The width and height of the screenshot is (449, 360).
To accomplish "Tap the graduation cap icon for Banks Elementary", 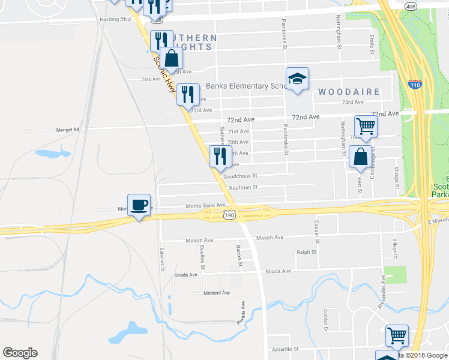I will point(297,79).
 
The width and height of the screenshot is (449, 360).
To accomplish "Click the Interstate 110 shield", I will point(415,85).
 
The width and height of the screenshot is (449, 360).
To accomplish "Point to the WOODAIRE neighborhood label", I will point(349,92).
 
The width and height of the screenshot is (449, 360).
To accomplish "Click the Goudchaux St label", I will point(240,176).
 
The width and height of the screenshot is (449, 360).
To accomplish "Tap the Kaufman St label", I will point(243,187).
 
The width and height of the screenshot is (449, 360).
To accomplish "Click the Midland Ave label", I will point(217,293).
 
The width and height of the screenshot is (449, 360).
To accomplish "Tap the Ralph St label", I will point(306,252).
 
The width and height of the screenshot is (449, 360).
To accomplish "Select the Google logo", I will point(20,353).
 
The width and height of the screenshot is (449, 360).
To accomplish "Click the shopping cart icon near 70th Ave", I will point(366,127).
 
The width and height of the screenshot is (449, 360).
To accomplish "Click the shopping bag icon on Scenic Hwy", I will point(172,58).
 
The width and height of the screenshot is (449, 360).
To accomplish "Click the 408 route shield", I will point(410,6).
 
